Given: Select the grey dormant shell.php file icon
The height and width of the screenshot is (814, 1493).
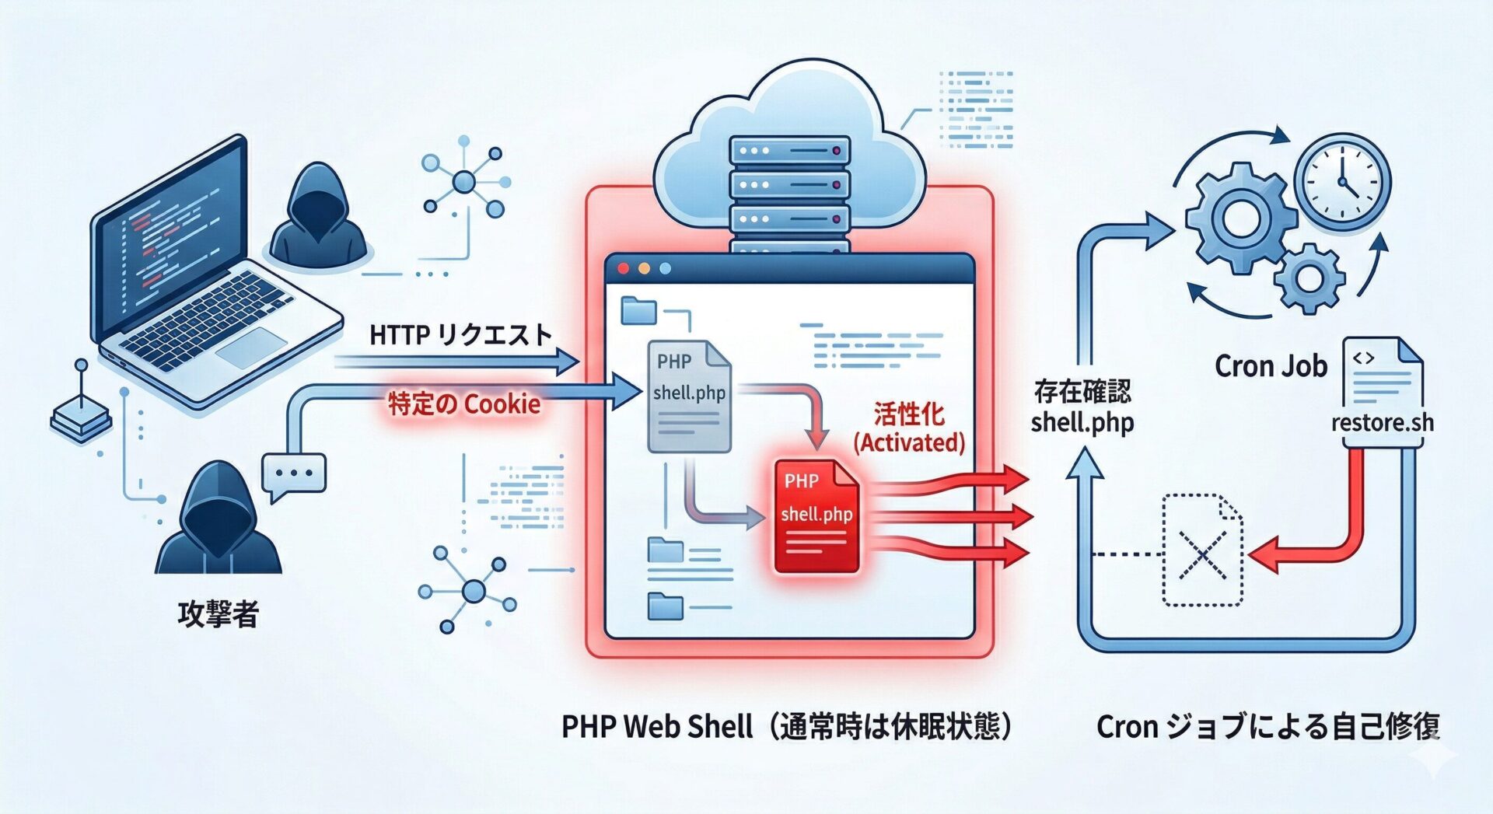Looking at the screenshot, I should point(689,397).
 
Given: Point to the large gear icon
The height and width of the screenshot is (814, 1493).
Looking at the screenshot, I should point(1240,218).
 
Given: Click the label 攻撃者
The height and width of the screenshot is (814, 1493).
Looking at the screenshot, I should point(218,613).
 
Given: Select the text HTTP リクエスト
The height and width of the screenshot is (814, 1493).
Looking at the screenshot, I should point(460,335).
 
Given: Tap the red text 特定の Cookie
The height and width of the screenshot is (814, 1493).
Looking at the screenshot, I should point(464,404).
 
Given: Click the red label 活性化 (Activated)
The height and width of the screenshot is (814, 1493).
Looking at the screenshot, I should point(909,428).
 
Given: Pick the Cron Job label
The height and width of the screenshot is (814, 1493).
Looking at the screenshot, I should point(1271,365).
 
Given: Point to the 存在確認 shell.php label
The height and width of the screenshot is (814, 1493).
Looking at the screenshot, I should point(1082,407).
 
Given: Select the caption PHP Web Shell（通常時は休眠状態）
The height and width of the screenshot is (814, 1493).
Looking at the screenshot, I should point(787,726).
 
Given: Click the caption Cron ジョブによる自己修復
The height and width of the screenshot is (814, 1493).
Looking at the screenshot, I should point(1268,726).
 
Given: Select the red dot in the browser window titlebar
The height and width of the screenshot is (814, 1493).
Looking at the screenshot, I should point(623,268).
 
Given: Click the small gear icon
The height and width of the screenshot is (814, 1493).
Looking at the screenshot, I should point(1309,278).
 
